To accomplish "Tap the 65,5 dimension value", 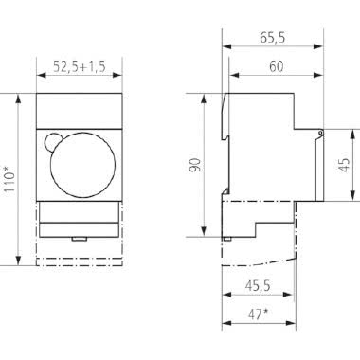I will tap(274, 41).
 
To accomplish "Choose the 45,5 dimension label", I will tap(256, 283).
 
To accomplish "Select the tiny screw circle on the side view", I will tap(321, 132).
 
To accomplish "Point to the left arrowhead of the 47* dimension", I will tap(225, 322).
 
